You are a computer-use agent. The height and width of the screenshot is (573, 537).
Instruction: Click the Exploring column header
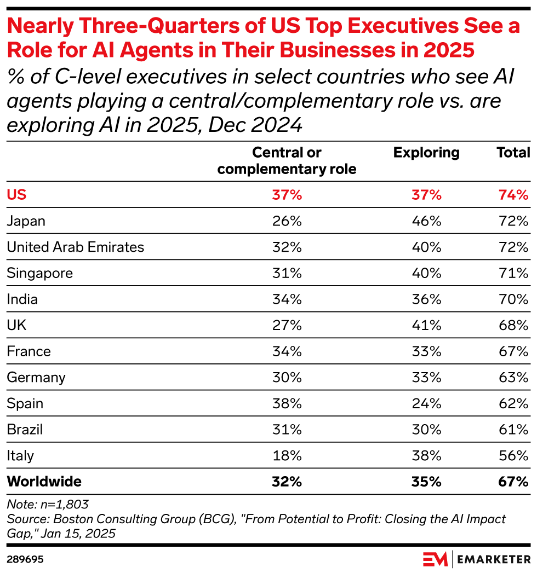[x=426, y=153]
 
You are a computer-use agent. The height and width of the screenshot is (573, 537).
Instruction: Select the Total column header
[x=513, y=153]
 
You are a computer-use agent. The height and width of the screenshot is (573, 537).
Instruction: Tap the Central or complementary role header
[x=287, y=161]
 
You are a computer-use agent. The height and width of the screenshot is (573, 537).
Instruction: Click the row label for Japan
[x=26, y=221]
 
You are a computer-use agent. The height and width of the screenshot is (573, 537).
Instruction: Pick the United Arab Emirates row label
[x=75, y=247]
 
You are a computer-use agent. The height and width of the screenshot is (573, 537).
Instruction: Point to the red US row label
[x=16, y=195]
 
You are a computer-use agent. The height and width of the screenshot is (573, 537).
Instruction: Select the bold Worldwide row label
[x=44, y=482]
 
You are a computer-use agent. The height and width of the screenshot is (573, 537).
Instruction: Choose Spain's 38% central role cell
[x=287, y=403]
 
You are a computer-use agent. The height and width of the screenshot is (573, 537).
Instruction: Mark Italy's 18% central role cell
[x=287, y=455]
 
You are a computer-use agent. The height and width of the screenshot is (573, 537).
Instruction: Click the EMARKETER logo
[x=477, y=559]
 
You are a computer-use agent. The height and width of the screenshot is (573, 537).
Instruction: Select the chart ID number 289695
[x=25, y=560]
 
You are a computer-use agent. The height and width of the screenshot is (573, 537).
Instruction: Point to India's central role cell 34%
[x=287, y=299]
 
